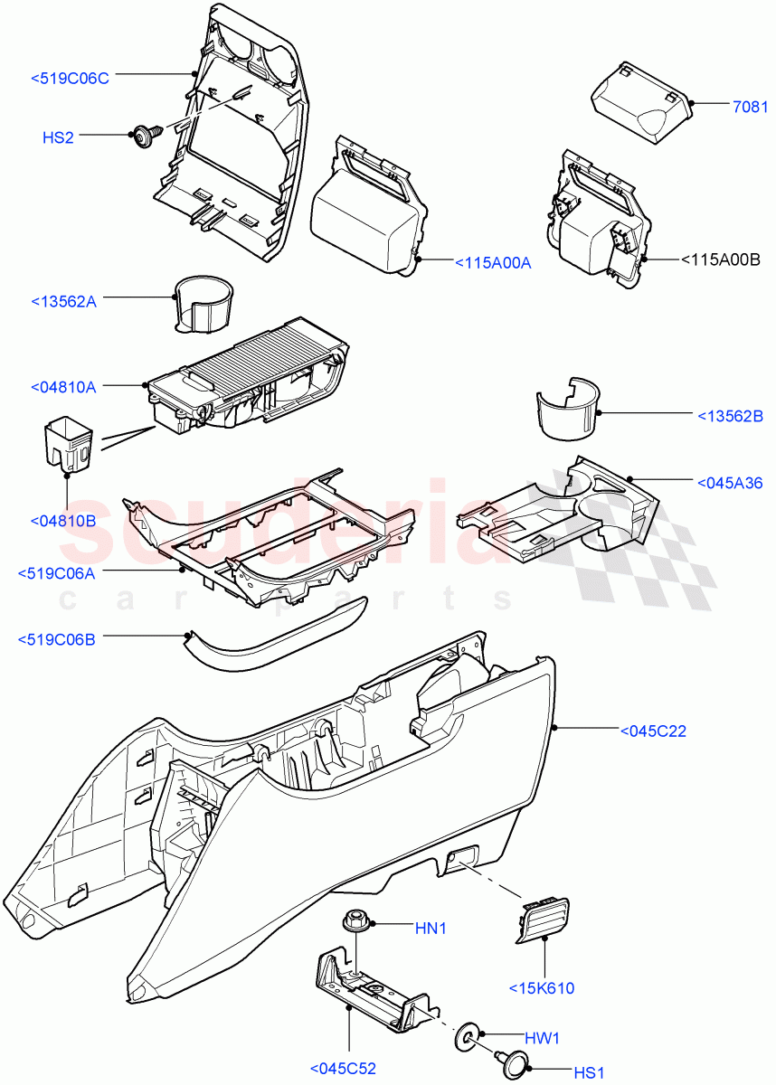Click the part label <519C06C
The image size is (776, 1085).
[70, 79]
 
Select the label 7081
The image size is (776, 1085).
[750, 107]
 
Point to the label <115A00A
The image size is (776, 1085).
[492, 262]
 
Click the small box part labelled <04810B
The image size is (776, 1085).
[69, 443]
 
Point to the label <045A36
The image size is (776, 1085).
[730, 482]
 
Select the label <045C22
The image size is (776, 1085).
[652, 731]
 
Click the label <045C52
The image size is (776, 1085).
[342, 1069]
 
